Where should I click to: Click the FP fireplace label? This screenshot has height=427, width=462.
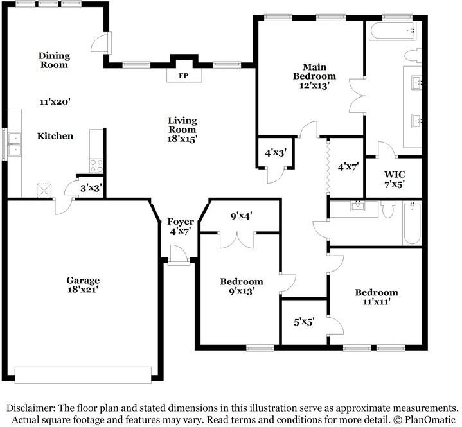pos(184,76)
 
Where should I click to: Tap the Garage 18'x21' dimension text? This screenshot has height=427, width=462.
pos(83,290)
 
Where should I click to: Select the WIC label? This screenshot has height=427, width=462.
pos(395,175)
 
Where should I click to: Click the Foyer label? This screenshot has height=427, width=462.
pos(181,222)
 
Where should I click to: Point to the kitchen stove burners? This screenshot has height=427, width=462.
pos(96,166)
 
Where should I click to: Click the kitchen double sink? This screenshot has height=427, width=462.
pos(14,144)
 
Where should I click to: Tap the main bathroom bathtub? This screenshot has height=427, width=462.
pos(393,31)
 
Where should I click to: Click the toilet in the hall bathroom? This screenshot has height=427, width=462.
pos(387,209)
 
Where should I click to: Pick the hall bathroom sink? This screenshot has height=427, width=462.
pos(358,205)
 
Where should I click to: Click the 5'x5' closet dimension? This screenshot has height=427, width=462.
pos(304,322)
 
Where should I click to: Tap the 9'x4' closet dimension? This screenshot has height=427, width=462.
pos(242,216)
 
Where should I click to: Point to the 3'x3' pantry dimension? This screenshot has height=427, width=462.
pos(91,187)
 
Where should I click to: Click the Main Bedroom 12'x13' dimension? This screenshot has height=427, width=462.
pos(314,85)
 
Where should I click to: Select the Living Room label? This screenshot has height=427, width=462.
pos(182,125)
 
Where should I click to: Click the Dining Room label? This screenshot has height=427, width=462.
pos(54,60)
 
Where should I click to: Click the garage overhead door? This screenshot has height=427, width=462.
pos(83,375)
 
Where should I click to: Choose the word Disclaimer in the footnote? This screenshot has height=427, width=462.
pos(30,408)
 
